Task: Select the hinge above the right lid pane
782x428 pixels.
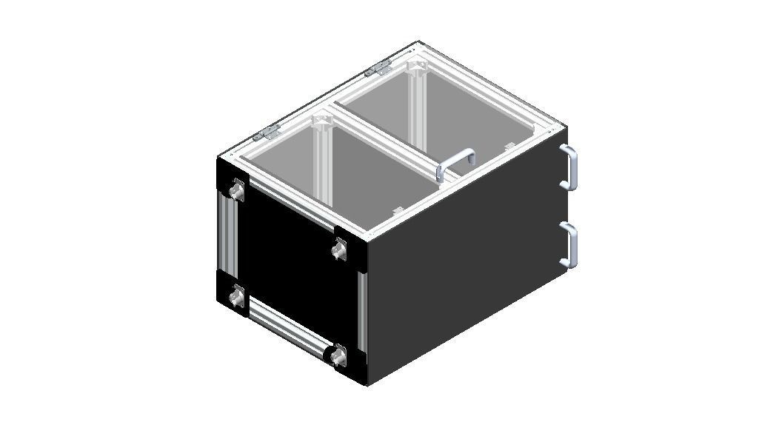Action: (378, 70)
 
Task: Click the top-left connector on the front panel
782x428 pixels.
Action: (236, 192)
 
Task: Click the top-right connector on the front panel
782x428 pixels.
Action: (339, 252)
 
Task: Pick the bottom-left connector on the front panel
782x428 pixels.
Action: (237, 298)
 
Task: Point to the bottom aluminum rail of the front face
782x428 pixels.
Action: (288, 327)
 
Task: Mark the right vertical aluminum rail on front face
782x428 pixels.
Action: (361, 311)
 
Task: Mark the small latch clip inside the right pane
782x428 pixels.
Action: (509, 144)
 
